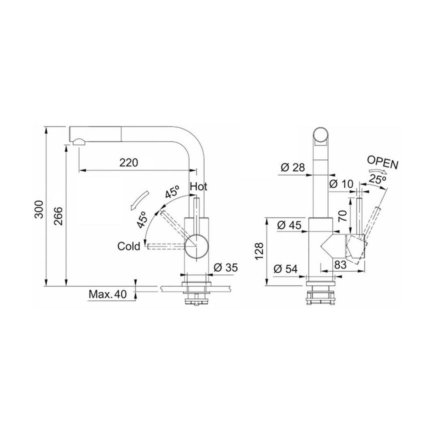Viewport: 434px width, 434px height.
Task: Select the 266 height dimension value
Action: click(58, 215)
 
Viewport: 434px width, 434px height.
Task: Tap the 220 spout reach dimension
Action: click(128, 162)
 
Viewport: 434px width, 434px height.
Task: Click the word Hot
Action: click(198, 187)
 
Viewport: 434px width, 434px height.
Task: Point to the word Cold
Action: click(128, 246)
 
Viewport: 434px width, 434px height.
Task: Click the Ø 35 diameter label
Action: click(225, 267)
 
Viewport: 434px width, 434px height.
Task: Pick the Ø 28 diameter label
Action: click(293, 168)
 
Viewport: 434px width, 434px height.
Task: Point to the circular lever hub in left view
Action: click(196, 245)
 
